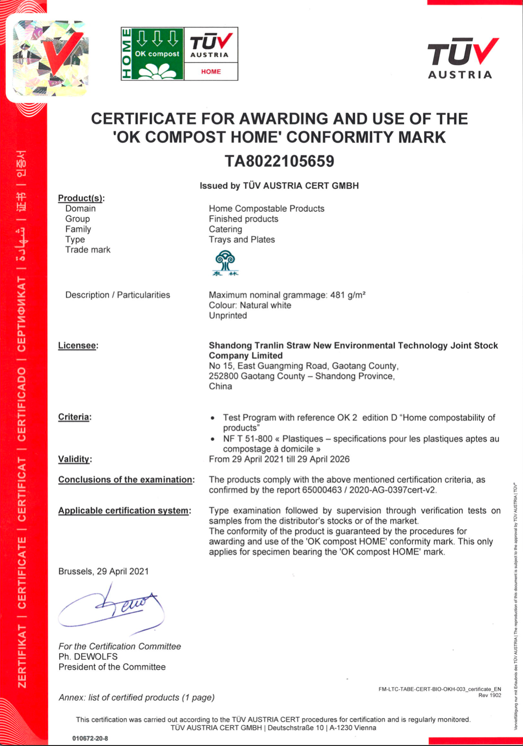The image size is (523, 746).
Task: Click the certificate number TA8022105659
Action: (279, 161)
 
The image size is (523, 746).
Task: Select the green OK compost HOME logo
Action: (152, 54)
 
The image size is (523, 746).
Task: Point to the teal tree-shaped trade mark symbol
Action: (225, 263)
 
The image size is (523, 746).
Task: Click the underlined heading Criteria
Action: (74, 417)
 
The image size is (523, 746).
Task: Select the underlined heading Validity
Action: (74, 459)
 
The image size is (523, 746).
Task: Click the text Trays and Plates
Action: (241, 240)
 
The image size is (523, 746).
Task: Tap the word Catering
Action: (225, 229)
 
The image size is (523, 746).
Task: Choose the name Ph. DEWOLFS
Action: (88, 657)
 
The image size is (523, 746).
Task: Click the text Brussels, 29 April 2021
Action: (103, 572)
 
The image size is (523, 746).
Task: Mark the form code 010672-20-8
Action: (90, 738)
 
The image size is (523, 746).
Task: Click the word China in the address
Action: (220, 387)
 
